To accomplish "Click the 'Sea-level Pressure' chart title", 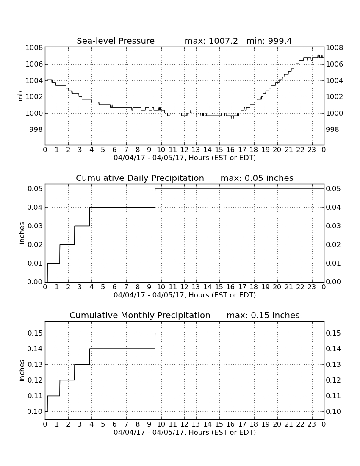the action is (x=116, y=41).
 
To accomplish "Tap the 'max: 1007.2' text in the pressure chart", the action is (x=211, y=41).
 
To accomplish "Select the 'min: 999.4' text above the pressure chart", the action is (x=269, y=41).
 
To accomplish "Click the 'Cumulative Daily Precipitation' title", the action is (x=140, y=178).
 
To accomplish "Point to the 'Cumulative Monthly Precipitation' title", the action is (x=140, y=315).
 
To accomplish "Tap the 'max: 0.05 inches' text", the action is (x=257, y=178).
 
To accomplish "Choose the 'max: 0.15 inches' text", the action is (x=263, y=315).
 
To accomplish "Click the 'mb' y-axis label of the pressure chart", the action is (x=20, y=96).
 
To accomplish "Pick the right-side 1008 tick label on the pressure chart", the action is (x=335, y=47).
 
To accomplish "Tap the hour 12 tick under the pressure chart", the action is (x=184, y=150).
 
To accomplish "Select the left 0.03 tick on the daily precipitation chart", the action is (x=35, y=226).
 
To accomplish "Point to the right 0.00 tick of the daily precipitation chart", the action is (x=333, y=282).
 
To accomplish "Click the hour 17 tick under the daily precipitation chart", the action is (x=242, y=287).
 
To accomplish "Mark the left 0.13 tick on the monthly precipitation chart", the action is (x=35, y=365).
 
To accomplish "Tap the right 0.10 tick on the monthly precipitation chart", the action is (x=333, y=412).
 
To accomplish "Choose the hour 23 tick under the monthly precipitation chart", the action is (x=312, y=424).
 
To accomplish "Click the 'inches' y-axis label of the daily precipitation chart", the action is (x=21, y=233).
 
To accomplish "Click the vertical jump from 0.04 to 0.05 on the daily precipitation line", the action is (x=155, y=198).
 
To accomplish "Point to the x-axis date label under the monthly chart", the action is (x=185, y=432).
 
